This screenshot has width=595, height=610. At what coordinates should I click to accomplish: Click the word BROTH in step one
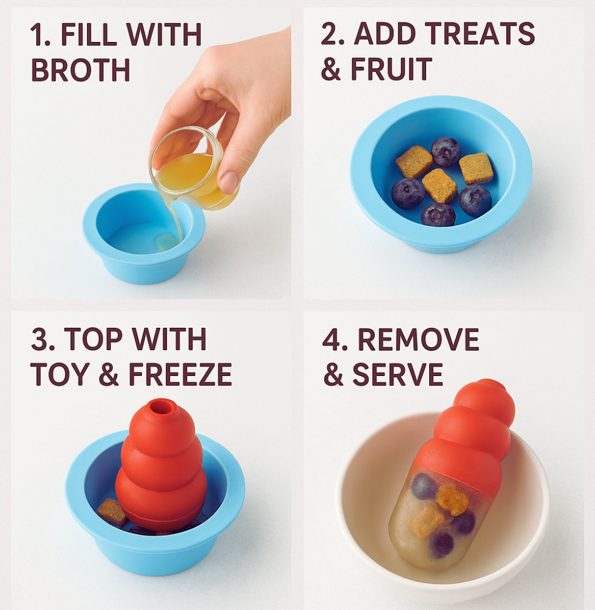[80, 70]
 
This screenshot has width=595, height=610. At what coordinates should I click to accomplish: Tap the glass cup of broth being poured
[193, 169]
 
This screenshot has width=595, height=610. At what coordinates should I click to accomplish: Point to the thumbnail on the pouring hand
[228, 181]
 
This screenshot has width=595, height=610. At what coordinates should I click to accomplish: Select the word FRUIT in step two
[392, 69]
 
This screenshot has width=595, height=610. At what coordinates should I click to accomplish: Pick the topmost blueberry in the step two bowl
[446, 152]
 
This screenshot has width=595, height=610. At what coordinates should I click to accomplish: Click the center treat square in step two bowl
[439, 186]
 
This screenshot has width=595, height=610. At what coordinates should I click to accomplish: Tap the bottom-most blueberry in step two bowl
[438, 215]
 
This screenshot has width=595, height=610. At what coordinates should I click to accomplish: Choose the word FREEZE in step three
[180, 374]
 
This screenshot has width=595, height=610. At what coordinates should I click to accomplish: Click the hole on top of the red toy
[160, 407]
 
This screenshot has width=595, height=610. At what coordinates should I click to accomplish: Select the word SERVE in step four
[398, 374]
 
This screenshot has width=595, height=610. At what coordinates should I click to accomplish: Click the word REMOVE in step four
[419, 339]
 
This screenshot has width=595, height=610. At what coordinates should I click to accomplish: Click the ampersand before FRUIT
[331, 69]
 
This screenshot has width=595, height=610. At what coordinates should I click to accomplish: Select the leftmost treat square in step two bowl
[414, 162]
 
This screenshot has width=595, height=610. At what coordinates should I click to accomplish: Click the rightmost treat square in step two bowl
[476, 168]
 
